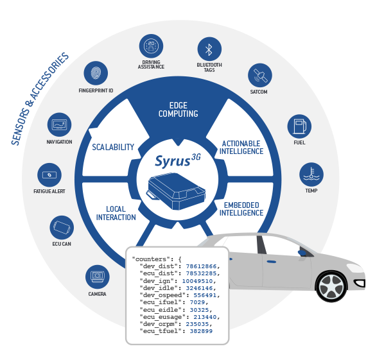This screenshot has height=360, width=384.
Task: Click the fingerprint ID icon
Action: coord(96,73)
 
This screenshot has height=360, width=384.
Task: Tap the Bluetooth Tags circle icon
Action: coord(209,49)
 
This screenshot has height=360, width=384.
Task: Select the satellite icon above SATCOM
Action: coord(260,75)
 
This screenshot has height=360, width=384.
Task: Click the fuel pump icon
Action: coord(299,126)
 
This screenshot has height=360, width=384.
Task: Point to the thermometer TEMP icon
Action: coord(311,175)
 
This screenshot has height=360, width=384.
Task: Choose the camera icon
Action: coord(98,277)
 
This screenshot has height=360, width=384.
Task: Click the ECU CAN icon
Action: coord(62,228)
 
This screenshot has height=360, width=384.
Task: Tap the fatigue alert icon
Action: coord(49,175)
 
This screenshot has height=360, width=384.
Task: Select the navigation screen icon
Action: coord(59,124)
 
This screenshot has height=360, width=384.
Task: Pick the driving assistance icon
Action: coord(151,46)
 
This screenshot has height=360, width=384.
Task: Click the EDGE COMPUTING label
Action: coord(179,110)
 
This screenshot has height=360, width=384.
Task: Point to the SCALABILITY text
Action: coord(113,147)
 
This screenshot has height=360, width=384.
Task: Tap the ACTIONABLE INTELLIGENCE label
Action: coord(241,148)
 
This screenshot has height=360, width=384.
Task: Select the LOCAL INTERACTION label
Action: coord(116,213)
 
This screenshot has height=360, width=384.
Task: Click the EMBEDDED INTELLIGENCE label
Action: coord(241,209)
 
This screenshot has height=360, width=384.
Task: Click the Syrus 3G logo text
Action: coord(178,160)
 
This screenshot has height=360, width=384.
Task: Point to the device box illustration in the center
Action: coord(177,191)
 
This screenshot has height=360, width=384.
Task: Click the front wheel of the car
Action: coord(331,286)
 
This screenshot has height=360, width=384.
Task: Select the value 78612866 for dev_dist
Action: coord(201,266)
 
